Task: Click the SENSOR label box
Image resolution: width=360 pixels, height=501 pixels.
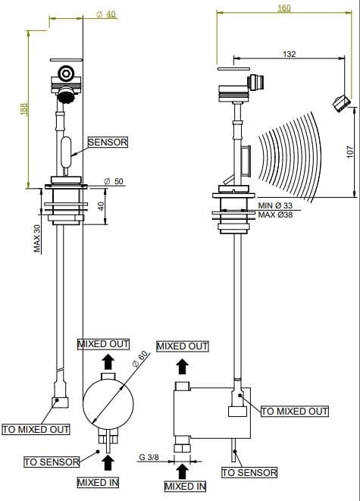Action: coord(108,142)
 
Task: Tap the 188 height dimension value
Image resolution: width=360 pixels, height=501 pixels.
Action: coord(23,109)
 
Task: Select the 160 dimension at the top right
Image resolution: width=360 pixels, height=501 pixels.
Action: coord(284,8)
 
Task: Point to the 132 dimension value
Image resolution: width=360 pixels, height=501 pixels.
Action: coord(289,54)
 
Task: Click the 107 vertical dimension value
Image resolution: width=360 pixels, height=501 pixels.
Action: coord(350,152)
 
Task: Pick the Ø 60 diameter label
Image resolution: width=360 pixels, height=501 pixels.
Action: coord(140,359)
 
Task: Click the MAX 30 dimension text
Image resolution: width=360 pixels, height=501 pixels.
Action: coord(37,238)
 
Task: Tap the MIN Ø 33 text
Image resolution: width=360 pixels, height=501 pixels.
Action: coord(275,205)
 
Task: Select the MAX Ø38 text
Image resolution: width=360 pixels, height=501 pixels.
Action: coord(275,214)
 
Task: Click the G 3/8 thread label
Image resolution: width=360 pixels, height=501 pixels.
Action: coord(149,457)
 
